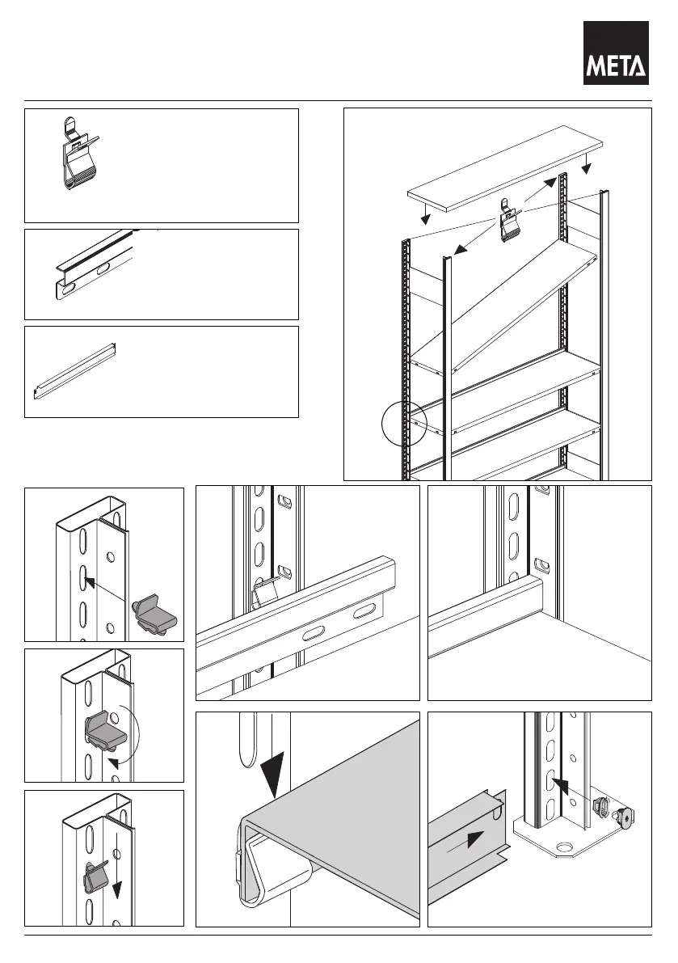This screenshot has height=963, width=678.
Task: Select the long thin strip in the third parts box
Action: [74, 371]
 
